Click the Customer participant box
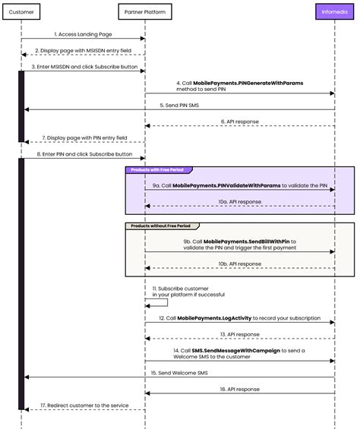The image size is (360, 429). coord(21,13)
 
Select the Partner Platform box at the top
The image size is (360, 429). coord(146,13)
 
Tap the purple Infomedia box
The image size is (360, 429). coord(334,13)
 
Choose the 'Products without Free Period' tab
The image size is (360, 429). coord(159,226)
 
